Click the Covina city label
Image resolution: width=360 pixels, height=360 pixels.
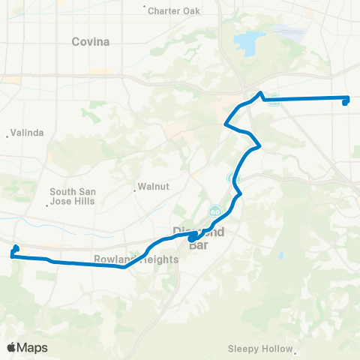point(90,42)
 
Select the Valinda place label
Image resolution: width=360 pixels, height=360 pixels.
point(28,133)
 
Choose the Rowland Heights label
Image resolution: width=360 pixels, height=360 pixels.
point(136,259)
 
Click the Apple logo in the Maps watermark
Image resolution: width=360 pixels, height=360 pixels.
point(13,347)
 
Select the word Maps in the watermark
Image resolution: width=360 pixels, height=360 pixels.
point(34,347)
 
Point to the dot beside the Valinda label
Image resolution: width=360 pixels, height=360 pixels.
point(7,136)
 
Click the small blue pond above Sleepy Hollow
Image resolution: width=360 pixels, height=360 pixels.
point(280,256)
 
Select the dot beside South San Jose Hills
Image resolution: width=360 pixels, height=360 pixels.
point(47,203)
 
